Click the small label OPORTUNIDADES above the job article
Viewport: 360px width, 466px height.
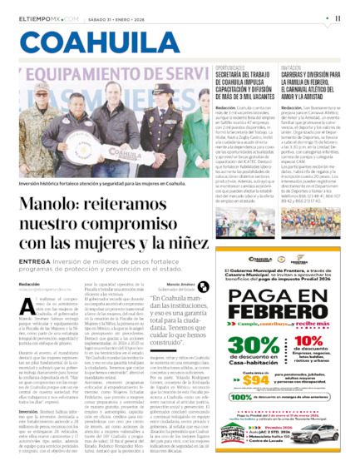230,68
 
